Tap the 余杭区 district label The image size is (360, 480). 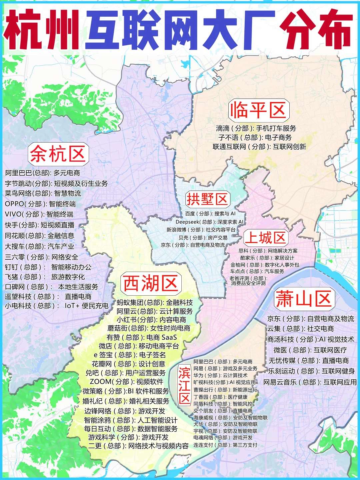pyautogui.click(x=58, y=154)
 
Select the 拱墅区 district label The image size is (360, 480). pyautogui.click(x=207, y=199)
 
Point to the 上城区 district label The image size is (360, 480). pyautogui.click(x=265, y=238)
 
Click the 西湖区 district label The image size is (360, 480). pyautogui.click(x=151, y=283)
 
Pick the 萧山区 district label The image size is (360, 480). pyautogui.click(x=304, y=299)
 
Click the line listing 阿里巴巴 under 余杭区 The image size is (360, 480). pyautogui.click(x=43, y=173)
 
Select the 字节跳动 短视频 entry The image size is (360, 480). pyautogui.click(x=56, y=183)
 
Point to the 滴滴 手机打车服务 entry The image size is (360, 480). pyautogui.click(x=256, y=128)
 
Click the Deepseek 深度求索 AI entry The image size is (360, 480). pyautogui.click(x=209, y=222)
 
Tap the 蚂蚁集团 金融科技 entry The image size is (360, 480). pyautogui.click(x=155, y=303)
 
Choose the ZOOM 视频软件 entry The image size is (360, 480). pyautogui.click(x=126, y=382)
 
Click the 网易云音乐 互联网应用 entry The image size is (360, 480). pyautogui.click(x=310, y=382)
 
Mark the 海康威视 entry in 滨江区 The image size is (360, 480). pyautogui.click(x=230, y=418)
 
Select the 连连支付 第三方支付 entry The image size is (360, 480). pyautogui.click(x=225, y=445)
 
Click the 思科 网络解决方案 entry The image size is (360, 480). pyautogui.click(x=268, y=251)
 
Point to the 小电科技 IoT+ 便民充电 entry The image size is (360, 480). pyautogui.click(x=56, y=306)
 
